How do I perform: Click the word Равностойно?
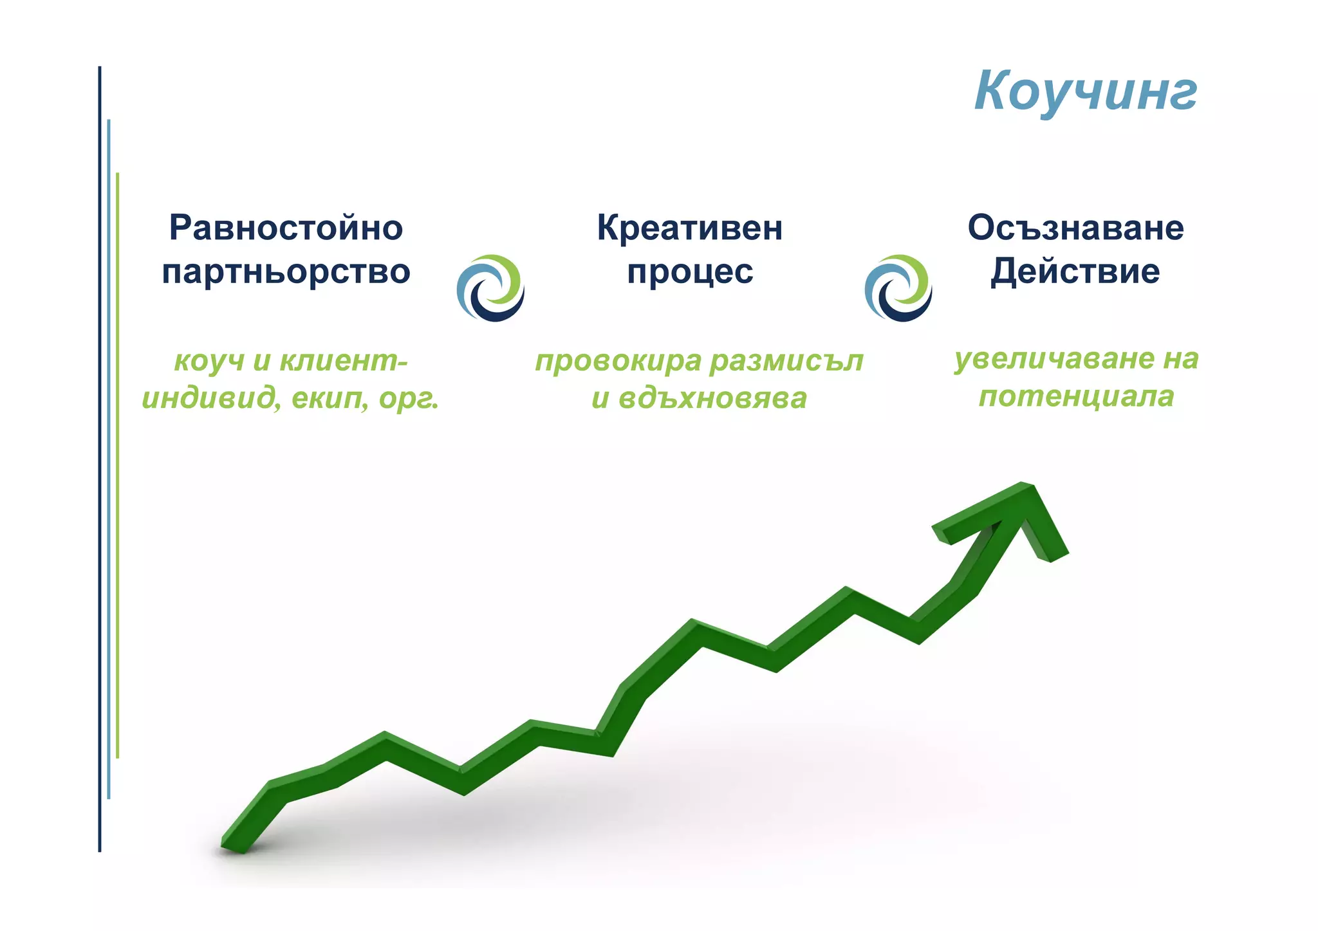[286, 228]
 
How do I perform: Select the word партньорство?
[286, 272]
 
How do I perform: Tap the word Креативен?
[689, 228]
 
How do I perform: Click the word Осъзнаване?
[1075, 228]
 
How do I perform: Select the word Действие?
[1075, 272]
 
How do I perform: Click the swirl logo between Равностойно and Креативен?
[490, 288]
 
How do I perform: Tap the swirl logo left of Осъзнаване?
[898, 288]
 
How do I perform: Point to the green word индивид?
[211, 399]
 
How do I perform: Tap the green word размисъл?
[786, 361]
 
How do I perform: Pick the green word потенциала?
[1076, 396]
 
